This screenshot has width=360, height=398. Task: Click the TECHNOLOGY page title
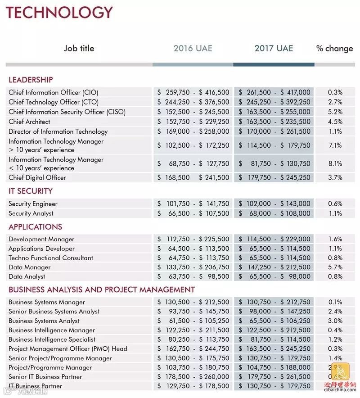(x=59, y=12)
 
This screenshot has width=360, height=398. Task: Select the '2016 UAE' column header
(x=193, y=49)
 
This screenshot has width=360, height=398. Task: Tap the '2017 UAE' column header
(x=274, y=49)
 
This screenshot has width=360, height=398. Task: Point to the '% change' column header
(x=335, y=49)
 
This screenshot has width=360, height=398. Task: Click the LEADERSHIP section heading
(x=31, y=80)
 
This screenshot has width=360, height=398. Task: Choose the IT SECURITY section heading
(x=31, y=191)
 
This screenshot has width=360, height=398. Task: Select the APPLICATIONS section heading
(x=36, y=226)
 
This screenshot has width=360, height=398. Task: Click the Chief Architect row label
(x=29, y=122)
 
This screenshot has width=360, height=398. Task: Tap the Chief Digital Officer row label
(x=37, y=177)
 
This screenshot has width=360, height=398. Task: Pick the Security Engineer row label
(x=33, y=204)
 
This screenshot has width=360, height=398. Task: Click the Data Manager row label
(x=30, y=267)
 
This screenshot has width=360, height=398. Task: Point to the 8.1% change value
(x=335, y=164)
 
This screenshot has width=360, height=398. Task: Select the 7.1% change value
(x=335, y=145)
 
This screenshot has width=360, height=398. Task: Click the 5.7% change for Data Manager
(x=335, y=267)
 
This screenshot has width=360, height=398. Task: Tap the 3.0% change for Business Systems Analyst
(x=335, y=321)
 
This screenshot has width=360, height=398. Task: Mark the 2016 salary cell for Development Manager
(x=193, y=239)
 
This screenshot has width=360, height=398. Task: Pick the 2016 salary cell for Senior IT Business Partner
(x=193, y=377)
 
